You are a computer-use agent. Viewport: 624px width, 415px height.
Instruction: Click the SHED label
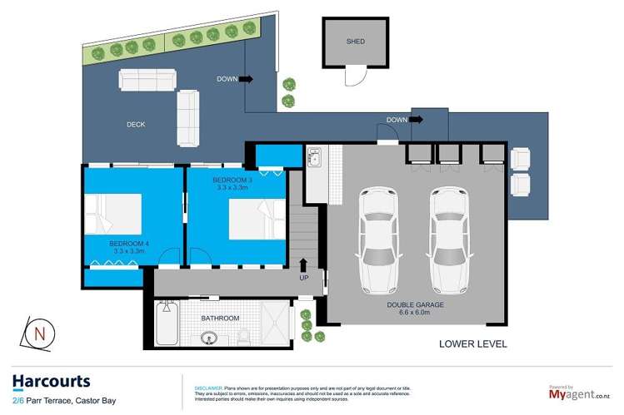355,42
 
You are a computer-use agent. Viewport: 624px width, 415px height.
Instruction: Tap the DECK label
136,125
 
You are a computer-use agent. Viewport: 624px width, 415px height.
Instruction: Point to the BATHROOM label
220,319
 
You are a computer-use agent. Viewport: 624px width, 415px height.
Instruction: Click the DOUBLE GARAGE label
415,305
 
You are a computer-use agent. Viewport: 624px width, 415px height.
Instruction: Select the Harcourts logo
52,382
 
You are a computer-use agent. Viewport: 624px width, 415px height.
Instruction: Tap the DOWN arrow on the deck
247,80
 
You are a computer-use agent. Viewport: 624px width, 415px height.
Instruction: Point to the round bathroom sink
207,338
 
